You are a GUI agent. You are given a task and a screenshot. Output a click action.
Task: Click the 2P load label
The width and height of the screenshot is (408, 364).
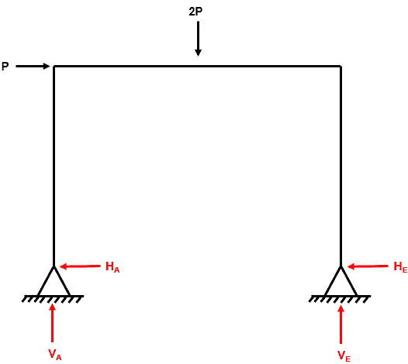[x=195, y=12]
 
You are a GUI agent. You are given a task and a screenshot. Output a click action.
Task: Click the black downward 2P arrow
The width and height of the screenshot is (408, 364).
[x=198, y=39]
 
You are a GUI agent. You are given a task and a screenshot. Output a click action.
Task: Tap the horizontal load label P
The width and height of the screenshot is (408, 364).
[x=5, y=67]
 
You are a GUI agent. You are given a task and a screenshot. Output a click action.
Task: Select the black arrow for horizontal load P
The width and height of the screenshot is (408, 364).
[x=33, y=67]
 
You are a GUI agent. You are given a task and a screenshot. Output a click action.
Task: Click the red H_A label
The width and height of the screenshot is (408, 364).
[x=112, y=267]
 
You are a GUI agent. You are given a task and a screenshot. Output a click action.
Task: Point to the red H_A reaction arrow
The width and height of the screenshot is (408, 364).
[x=80, y=266]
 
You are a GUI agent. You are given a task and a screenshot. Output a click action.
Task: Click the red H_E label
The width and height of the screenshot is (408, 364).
[x=400, y=267]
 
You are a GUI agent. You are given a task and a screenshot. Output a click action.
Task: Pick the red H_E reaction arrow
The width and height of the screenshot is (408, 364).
[x=368, y=266]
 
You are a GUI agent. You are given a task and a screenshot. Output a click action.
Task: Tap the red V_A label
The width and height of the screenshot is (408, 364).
[x=55, y=355]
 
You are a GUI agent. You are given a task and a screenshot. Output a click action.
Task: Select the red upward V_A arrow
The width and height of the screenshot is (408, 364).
[x=52, y=323]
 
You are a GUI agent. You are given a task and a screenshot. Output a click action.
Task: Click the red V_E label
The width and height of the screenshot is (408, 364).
[x=344, y=355]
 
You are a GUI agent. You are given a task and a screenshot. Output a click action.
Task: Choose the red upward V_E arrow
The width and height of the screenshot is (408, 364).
[x=341, y=325]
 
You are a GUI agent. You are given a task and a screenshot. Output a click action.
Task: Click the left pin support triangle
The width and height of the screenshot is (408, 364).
[x=54, y=281]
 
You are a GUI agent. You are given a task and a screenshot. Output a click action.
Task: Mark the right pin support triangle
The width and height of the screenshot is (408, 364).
[x=341, y=281]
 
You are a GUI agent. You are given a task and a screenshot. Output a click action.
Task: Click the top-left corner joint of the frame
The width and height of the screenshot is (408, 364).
[x=54, y=67]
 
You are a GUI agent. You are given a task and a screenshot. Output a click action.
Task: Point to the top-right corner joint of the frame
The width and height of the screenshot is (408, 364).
[x=341, y=67]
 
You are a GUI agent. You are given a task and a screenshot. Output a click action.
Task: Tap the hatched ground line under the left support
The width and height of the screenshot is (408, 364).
[x=53, y=299]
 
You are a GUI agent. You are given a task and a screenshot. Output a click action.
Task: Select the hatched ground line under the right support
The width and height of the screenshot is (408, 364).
[x=340, y=299]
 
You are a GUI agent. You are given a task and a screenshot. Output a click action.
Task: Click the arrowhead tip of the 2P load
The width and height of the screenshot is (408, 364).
[x=198, y=56]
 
